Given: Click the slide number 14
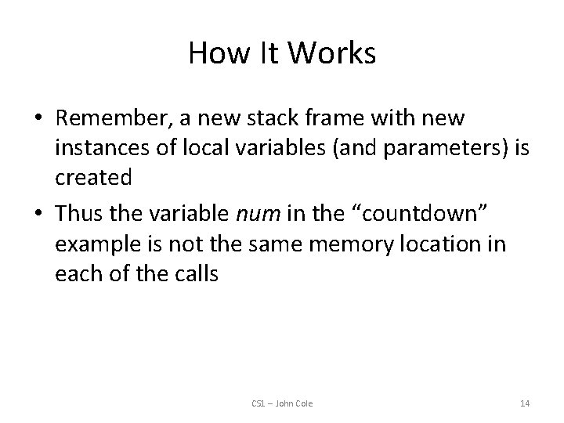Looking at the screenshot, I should tap(525, 403).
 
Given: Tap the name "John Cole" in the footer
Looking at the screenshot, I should tap(294, 403).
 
